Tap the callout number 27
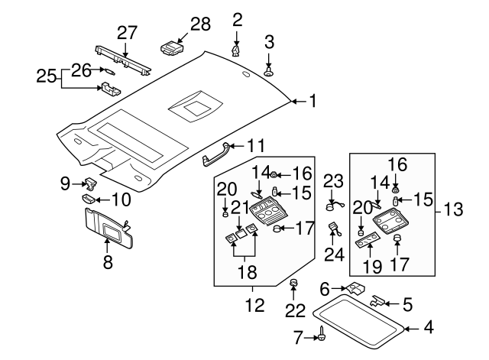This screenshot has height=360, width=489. pos(127,32)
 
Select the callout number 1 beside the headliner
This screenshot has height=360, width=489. pos(311,100)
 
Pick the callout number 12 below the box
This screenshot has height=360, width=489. pos(254,306)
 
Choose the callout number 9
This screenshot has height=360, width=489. pos(66,183)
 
